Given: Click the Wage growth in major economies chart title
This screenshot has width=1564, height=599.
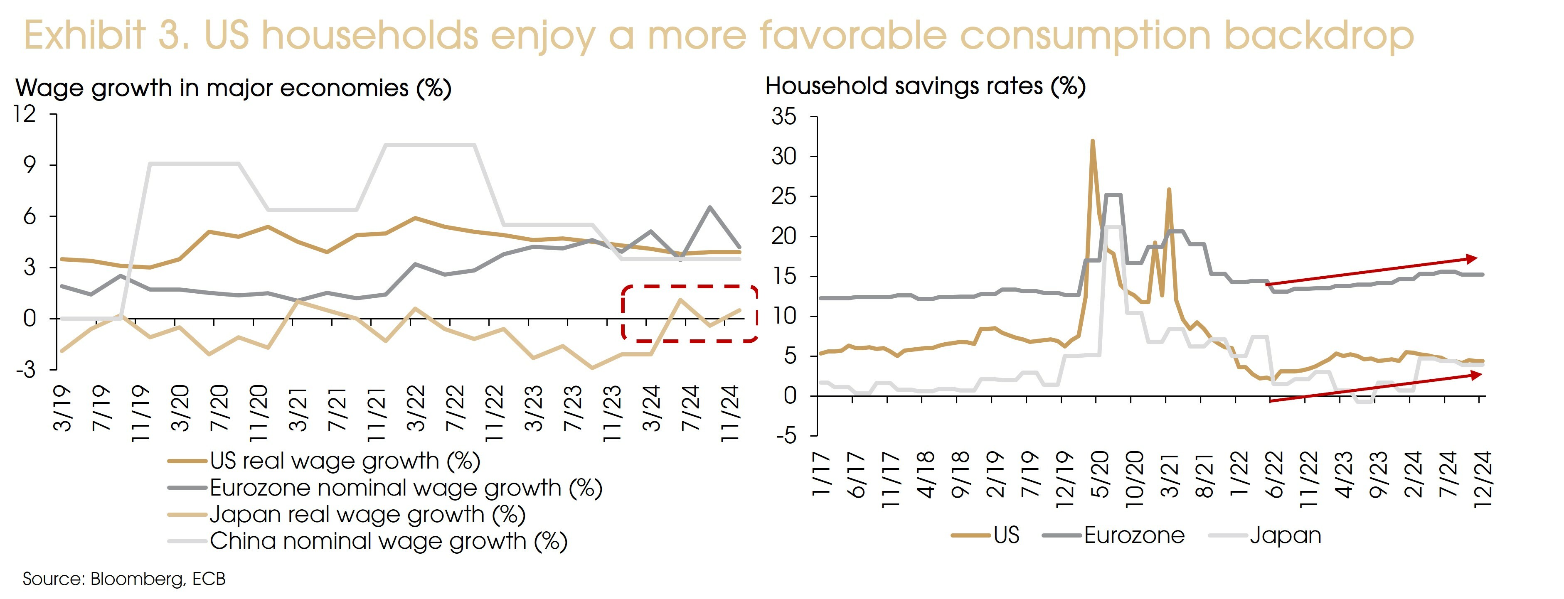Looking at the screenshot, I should [x=233, y=88].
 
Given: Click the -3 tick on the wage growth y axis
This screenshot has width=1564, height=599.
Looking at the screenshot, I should [x=25, y=370].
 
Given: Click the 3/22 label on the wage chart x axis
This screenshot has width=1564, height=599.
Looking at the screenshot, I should [x=416, y=408].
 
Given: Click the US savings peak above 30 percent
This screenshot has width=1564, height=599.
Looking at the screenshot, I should [x=1092, y=141].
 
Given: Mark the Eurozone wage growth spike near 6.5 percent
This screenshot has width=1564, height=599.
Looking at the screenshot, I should [x=710, y=208].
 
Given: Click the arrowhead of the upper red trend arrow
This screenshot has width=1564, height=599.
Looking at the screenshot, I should [x=1472, y=258].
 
